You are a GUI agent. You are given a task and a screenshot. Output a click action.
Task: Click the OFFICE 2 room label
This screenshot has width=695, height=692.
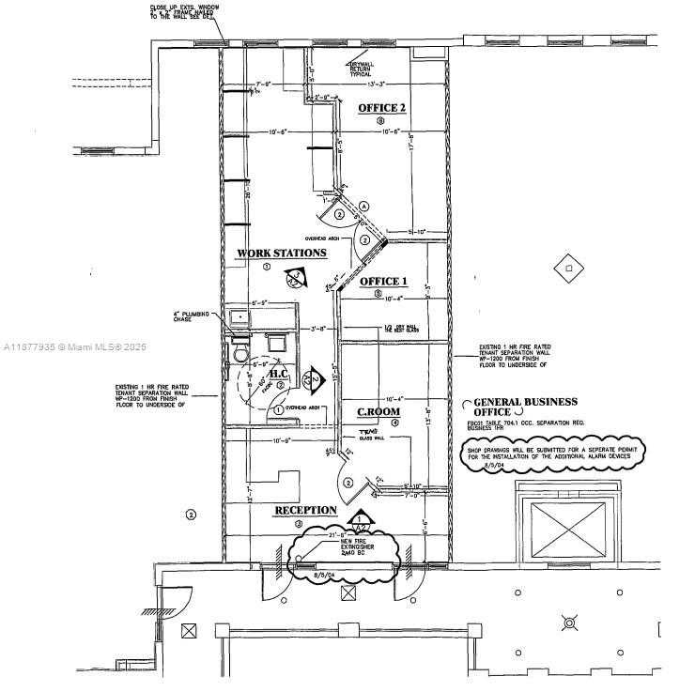[x=382, y=108]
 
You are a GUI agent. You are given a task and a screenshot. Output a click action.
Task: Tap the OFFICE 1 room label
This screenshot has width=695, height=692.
[x=384, y=282]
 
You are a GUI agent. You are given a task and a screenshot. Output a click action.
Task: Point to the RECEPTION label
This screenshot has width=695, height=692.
[x=305, y=511]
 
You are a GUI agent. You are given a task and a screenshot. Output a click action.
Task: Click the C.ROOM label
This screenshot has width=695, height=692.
[x=378, y=411]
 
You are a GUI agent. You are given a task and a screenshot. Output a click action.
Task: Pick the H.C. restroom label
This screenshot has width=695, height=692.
[x=281, y=375]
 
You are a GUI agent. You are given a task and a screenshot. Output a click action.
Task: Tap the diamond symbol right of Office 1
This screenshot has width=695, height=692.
[x=564, y=270]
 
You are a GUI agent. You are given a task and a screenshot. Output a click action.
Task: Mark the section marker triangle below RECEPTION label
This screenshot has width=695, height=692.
[x=360, y=519]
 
